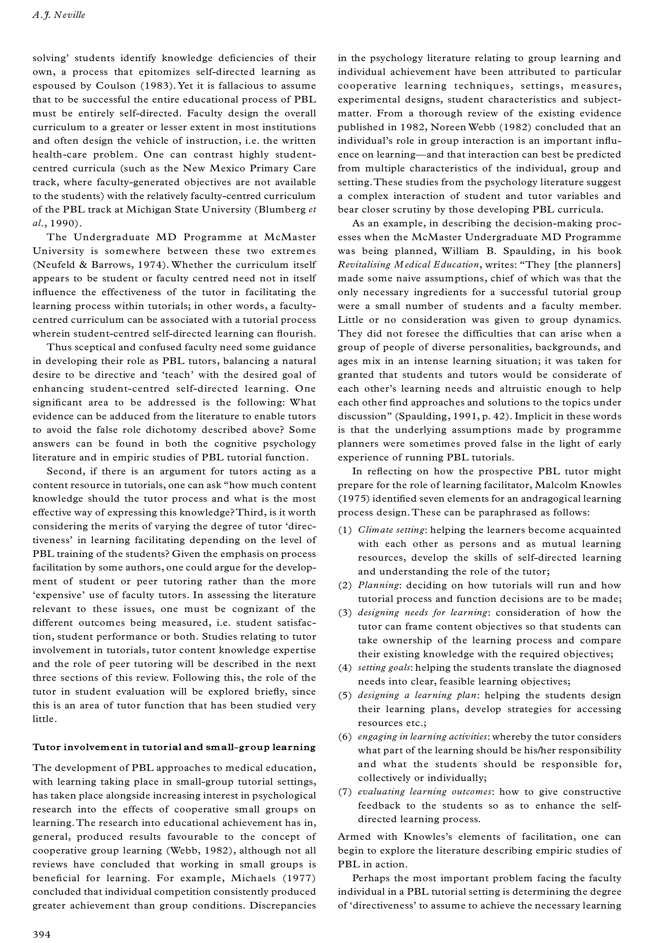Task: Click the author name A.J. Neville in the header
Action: pos(58,16)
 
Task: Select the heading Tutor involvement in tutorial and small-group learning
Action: pos(174,747)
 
